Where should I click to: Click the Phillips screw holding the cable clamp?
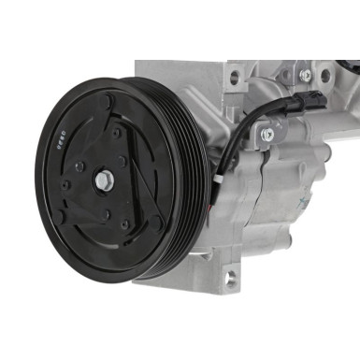(267, 135)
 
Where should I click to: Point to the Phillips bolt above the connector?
(306, 75)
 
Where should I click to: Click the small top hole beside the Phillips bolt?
(286, 72)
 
